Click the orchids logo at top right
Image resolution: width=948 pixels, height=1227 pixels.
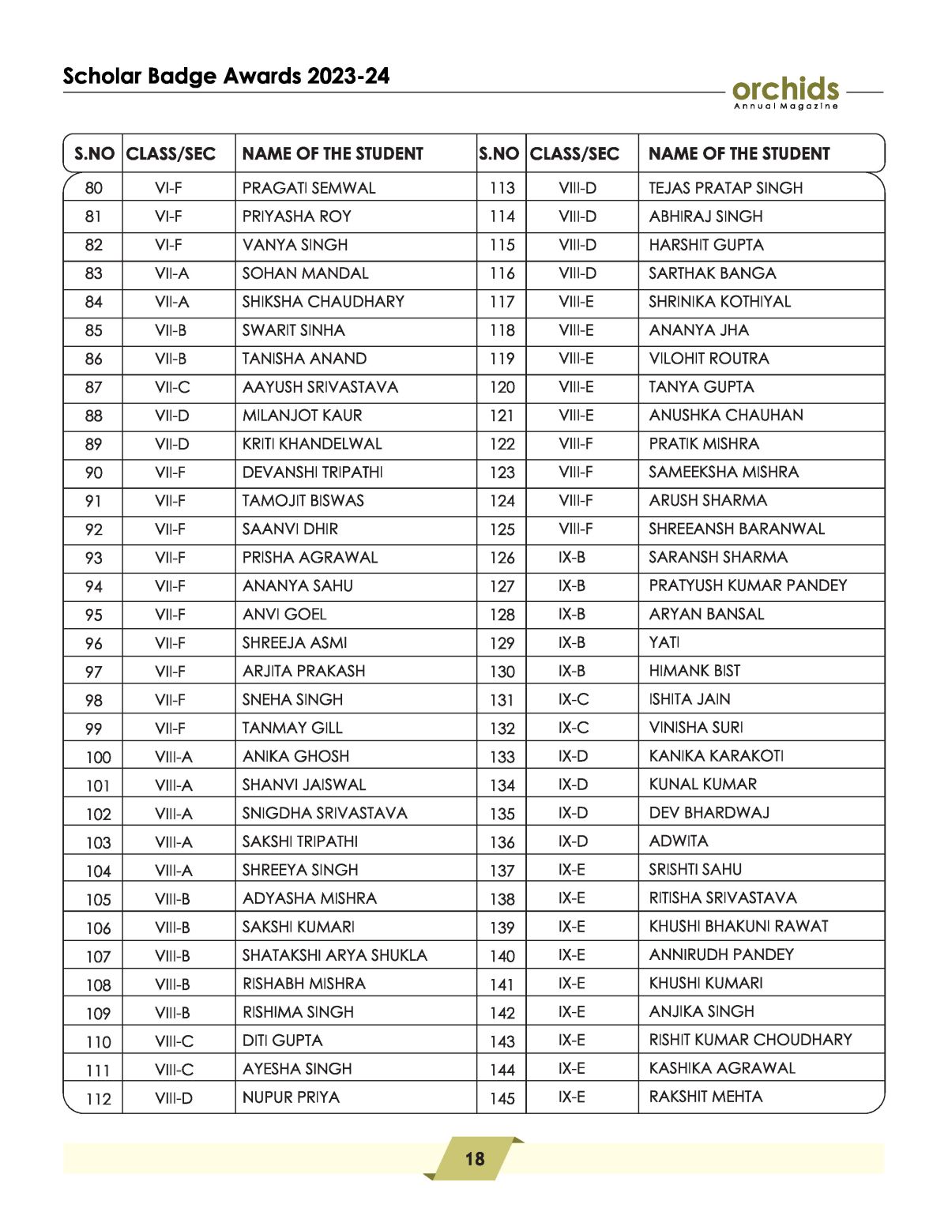pyautogui.click(x=785, y=92)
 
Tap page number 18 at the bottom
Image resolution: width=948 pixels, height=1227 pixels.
pyautogui.click(x=474, y=1159)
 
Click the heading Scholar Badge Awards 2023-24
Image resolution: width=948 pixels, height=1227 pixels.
pyautogui.click(x=226, y=76)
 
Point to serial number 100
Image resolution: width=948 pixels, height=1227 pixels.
pyautogui.click(x=98, y=757)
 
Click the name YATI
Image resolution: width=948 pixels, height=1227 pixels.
pyautogui.click(x=664, y=642)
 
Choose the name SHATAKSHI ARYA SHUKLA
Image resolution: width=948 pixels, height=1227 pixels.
pyautogui.click(x=334, y=955)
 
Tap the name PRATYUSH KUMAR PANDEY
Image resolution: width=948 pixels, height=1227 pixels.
pyautogui.click(x=747, y=585)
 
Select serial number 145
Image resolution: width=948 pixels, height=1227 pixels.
pyautogui.click(x=502, y=1098)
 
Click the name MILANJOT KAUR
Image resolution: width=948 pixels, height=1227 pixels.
pyautogui.click(x=302, y=416)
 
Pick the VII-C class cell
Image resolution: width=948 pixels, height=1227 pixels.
pyautogui.click(x=172, y=387)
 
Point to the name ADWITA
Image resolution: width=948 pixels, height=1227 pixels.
pyautogui.click(x=679, y=841)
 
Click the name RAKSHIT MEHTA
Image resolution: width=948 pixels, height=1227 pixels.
pyautogui.click(x=705, y=1097)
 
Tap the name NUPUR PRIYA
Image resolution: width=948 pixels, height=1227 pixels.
pyautogui.click(x=291, y=1097)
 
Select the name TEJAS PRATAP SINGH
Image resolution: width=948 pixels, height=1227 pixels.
pyautogui.click(x=725, y=188)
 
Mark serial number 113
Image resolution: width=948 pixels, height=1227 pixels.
pyautogui.click(x=502, y=188)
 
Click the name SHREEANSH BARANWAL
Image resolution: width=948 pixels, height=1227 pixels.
pyautogui.click(x=736, y=529)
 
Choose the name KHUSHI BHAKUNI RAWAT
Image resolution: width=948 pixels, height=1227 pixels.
pyautogui.click(x=739, y=926)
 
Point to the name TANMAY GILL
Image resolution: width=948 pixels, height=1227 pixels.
pyautogui.click(x=292, y=728)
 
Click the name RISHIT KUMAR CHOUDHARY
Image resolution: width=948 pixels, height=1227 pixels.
pyautogui.click(x=750, y=1040)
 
